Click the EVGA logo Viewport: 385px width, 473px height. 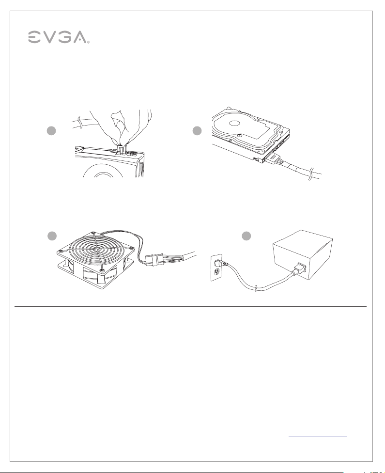click(59, 37)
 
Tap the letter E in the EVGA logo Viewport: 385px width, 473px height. click(34, 37)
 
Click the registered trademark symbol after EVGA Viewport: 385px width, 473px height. click(88, 43)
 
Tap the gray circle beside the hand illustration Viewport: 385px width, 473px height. click(51, 131)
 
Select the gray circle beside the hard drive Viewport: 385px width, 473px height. click(197, 131)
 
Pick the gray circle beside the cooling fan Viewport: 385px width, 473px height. click(52, 236)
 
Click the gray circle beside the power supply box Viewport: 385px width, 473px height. click(246, 236)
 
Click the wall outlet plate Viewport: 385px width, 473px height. click(216, 268)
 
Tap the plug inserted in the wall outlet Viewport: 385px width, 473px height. click(222, 264)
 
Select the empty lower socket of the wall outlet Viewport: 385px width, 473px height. click(216, 272)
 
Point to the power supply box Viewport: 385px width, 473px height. click(302, 254)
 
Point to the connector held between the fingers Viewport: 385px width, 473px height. click(121, 150)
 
